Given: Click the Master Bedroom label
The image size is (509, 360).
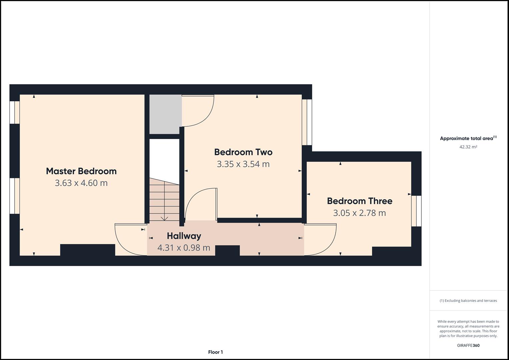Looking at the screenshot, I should (x=81, y=171).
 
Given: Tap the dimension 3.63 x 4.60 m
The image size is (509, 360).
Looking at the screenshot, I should (x=81, y=183).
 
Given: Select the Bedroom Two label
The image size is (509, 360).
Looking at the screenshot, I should (x=243, y=152).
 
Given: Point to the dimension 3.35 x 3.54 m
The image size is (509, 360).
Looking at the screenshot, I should (x=243, y=164).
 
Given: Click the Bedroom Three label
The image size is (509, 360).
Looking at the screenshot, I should (x=359, y=201).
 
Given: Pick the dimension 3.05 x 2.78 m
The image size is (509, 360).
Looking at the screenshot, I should (x=359, y=213).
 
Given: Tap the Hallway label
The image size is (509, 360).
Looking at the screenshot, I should (x=184, y=236).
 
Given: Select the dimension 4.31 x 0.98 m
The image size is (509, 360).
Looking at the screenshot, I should (x=184, y=248).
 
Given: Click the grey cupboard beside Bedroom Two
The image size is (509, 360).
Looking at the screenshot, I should (x=165, y=114).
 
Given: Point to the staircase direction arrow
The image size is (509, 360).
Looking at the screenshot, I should (x=164, y=218).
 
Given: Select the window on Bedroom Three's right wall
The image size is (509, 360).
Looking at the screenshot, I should (x=416, y=211).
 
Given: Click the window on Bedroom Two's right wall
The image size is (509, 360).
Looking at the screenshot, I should (x=307, y=122).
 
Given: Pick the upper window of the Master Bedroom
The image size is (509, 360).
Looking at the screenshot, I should (x=14, y=112).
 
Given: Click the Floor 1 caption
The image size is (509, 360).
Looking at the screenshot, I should (x=215, y=352).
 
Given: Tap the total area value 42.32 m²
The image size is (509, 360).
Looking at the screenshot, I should (x=468, y=147).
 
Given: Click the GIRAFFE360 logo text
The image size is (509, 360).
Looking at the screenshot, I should (x=468, y=345).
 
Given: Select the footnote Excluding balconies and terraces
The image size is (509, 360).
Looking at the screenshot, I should (x=468, y=301).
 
